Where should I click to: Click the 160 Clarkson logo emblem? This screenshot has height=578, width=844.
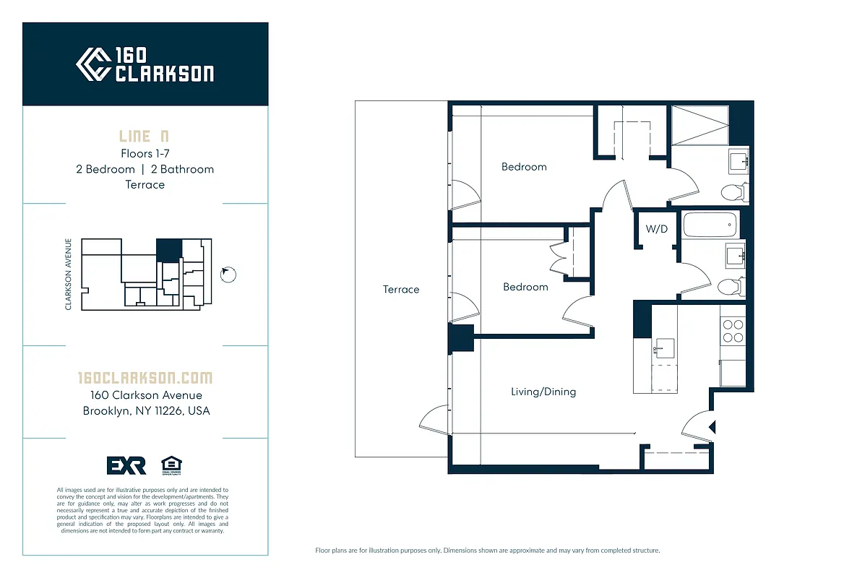[93, 64]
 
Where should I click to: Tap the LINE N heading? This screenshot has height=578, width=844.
[145, 137]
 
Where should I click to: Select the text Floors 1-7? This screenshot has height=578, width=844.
[145, 153]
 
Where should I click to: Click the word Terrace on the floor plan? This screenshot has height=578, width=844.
[401, 290]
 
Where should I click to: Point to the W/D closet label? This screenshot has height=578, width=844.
[656, 229]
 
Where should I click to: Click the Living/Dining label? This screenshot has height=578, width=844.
[543, 392]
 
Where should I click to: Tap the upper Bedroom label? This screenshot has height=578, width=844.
[524, 167]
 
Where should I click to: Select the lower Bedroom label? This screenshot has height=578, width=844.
[525, 287]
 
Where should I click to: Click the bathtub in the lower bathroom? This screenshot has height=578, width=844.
[710, 225]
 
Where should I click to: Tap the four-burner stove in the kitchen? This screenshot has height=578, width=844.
[733, 331]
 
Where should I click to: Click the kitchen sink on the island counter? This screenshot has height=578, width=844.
[663, 348]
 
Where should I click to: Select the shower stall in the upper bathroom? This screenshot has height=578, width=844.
[699, 125]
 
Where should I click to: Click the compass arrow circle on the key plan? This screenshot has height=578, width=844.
[228, 274]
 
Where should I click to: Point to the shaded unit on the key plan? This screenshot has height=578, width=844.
[169, 250]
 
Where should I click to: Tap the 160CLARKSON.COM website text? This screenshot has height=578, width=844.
[145, 378]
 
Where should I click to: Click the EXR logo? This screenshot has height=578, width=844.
[126, 466]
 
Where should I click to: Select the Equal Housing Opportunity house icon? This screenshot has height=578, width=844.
[171, 465]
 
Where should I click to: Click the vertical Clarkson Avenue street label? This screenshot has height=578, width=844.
[69, 275]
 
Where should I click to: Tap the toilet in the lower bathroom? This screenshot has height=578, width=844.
[730, 286]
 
